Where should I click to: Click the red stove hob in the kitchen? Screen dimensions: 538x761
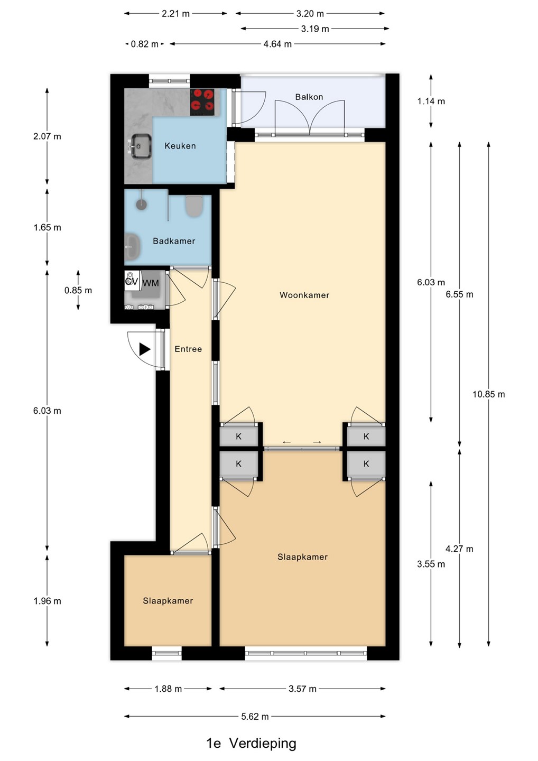tap(202, 102)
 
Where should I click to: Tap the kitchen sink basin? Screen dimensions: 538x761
tap(141, 146)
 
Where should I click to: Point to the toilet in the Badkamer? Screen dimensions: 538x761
tap(194, 206)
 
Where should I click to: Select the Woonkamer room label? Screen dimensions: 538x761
tap(304, 295)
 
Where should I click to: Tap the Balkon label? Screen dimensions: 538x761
tap(309, 97)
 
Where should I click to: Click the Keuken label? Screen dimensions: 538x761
tap(180, 146)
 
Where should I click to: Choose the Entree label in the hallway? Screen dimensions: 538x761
tap(188, 349)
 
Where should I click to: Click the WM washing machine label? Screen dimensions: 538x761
tap(151, 283)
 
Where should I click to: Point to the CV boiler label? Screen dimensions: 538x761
tap(132, 281)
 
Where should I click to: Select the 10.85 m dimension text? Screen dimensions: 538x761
tap(488, 394)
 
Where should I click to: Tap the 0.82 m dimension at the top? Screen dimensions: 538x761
tap(145, 44)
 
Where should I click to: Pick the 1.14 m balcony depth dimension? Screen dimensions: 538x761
tap(431, 101)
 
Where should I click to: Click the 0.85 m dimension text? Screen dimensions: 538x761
tap(78, 290)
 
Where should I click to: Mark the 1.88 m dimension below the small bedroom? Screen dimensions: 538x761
tap(168, 689)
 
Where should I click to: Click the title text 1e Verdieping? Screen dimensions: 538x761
tap(252, 743)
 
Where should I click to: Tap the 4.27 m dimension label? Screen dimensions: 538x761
tap(459, 549)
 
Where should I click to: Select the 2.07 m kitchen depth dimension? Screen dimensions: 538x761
tap(47, 136)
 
